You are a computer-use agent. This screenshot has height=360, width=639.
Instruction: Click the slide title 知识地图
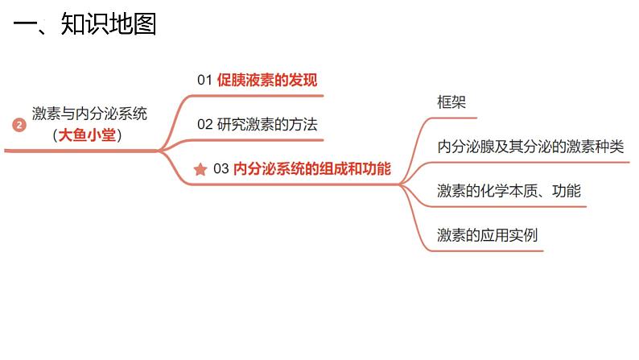coord(108,24)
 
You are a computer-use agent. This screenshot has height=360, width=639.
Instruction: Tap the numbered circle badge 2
coord(20,125)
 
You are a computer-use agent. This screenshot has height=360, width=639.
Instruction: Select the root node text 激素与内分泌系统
coord(90,114)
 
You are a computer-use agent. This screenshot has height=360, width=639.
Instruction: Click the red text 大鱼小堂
coord(89,135)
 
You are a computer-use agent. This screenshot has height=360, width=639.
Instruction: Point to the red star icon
coord(200,170)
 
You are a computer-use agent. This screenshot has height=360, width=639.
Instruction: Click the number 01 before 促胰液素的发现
coord(204,80)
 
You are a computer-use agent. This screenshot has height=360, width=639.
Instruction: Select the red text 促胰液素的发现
coord(267,80)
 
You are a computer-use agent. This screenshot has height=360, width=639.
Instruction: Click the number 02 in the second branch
coord(204,125)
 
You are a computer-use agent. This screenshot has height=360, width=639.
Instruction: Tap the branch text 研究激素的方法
coord(267,125)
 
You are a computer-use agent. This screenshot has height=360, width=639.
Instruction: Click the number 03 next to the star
coord(221,169)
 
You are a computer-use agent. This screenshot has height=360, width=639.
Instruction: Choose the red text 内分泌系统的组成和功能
coord(312,169)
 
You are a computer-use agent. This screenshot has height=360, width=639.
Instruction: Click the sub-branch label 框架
coord(451,102)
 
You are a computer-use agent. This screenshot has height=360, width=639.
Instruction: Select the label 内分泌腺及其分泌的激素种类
coord(530,147)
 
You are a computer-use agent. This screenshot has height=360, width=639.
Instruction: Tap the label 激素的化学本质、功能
coord(509,191)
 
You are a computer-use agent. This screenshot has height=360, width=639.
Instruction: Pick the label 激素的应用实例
coord(487,235)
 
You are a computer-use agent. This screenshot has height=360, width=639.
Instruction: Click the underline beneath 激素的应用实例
coord(487,250)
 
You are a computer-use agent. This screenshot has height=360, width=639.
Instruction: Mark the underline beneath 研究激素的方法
coord(258,140)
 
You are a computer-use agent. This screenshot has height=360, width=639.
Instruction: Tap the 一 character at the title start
coord(25,25)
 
